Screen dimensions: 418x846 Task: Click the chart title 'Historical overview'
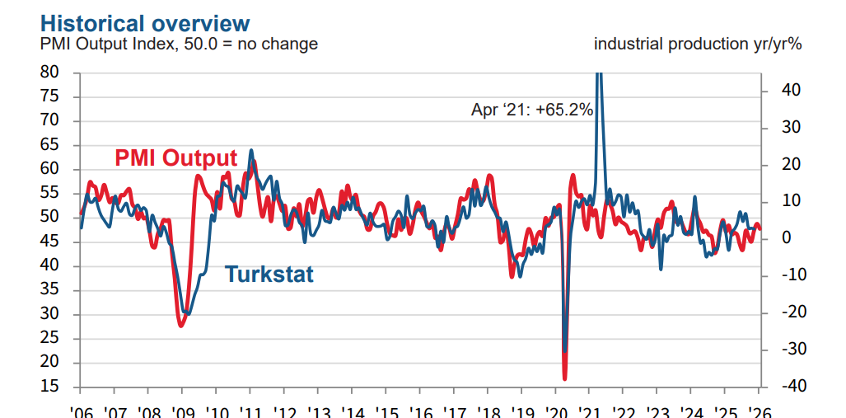point(146,21)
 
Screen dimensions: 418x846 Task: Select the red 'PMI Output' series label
point(175,157)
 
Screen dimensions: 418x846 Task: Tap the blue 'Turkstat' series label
point(269,274)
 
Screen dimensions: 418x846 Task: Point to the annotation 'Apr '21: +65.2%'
point(531,109)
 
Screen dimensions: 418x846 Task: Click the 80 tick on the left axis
point(49,73)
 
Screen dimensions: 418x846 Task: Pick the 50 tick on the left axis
point(49,217)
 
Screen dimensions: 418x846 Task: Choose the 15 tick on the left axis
point(49,387)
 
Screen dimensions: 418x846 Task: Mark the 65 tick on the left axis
point(49,145)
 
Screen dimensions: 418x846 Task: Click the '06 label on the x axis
point(81,411)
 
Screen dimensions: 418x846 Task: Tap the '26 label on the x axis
point(759,411)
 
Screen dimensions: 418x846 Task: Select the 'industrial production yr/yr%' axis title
point(698,45)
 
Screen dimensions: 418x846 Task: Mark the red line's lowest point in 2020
point(565,379)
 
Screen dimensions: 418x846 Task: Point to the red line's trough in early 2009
point(181,326)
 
